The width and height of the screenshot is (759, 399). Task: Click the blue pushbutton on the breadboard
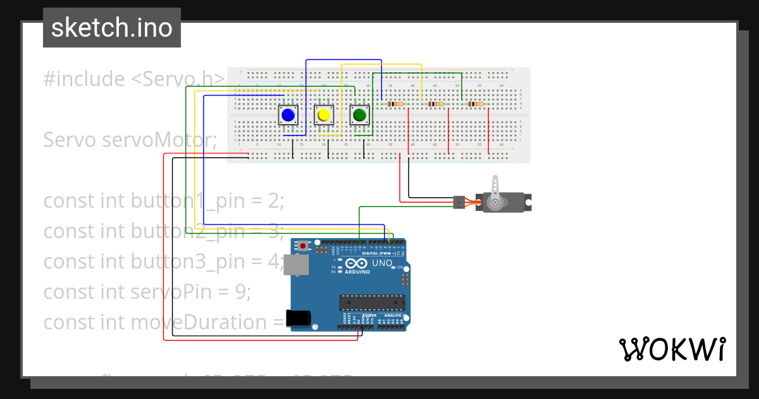[x=288, y=115]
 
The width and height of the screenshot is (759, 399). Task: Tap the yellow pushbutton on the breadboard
[x=324, y=115]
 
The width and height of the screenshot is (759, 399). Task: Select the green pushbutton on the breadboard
[x=360, y=115]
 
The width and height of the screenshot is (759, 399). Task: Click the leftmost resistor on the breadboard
[x=395, y=104]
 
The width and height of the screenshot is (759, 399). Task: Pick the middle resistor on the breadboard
[x=436, y=104]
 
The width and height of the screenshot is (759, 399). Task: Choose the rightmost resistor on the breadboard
[x=475, y=104]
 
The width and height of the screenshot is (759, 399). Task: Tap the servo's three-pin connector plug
[x=459, y=203]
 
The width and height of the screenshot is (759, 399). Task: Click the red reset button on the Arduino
[x=303, y=245]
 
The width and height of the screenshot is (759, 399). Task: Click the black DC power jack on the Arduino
[x=299, y=318]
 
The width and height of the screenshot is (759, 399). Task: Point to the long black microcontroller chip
[x=371, y=303]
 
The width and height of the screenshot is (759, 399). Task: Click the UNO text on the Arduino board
[x=382, y=263]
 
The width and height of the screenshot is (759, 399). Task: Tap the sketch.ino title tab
[x=112, y=28]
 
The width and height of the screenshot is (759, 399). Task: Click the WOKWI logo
[x=672, y=349]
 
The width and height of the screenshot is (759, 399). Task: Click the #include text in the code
[x=84, y=79]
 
